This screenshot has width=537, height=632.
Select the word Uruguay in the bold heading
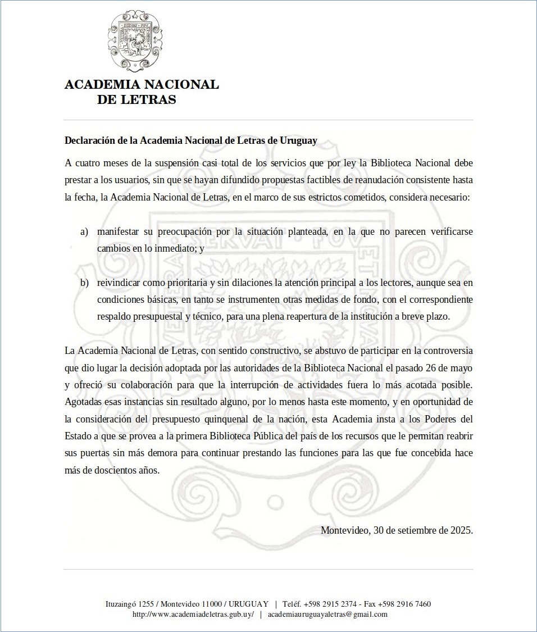click(299, 140)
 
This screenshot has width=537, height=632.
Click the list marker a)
click(84, 231)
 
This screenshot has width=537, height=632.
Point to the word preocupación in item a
click(163, 231)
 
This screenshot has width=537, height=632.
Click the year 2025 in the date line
click(461, 530)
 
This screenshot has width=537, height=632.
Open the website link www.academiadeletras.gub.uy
click(193, 614)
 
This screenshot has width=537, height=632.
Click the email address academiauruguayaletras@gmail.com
click(327, 614)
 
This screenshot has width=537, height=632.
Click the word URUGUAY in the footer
click(249, 604)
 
